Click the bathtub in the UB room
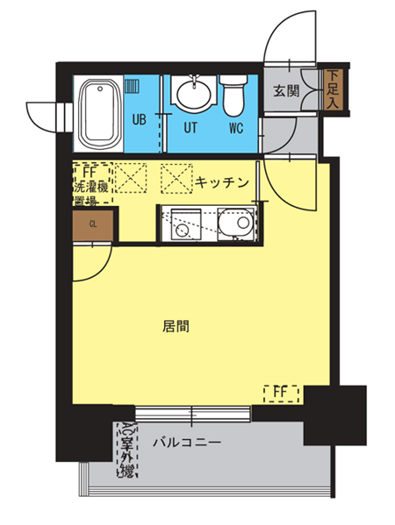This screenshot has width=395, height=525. click(x=99, y=114)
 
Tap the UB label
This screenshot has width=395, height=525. click(x=140, y=119)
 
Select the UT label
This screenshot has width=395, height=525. click(x=190, y=128)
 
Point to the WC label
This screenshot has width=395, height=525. click(x=236, y=128)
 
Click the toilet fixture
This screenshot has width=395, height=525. click(x=233, y=95)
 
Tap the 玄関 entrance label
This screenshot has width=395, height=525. click(x=286, y=90)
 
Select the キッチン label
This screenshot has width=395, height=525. click(x=222, y=182)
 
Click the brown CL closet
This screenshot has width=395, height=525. click(x=93, y=224)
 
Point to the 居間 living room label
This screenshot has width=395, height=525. click(x=176, y=326)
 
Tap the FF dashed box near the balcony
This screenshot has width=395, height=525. click(x=281, y=394)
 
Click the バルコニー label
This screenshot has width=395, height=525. click(x=187, y=443)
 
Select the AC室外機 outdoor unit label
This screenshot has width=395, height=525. click(x=126, y=450)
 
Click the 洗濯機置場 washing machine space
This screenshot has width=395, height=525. click(x=92, y=183)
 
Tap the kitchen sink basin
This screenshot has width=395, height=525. click(x=237, y=222)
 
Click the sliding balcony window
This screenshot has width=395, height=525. click(x=193, y=415)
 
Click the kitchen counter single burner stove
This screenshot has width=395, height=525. click(x=186, y=224)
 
